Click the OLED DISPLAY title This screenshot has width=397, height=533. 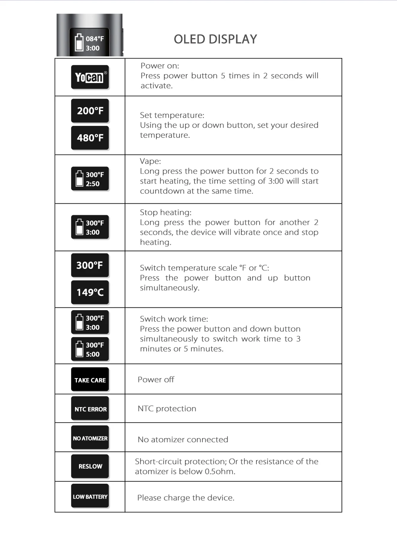[x=215, y=39]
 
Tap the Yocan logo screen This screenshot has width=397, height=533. [x=90, y=77]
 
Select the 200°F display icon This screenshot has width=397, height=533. [x=90, y=111]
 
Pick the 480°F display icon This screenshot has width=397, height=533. [x=90, y=138]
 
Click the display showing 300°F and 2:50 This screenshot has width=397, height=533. [x=90, y=179]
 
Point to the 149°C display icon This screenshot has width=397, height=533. [x=90, y=292]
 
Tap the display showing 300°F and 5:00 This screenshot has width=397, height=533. [x=90, y=350]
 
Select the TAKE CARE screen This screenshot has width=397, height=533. [x=90, y=380]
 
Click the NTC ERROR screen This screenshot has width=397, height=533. [x=90, y=409]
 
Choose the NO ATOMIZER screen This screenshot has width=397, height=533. [x=90, y=438]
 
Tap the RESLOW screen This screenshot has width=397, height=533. [x=90, y=466]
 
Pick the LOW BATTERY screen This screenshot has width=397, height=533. [x=90, y=496]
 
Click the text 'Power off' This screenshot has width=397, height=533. [x=156, y=380]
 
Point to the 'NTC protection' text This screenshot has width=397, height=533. [x=167, y=409]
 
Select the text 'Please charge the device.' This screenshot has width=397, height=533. [x=186, y=498]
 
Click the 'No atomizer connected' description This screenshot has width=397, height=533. [x=183, y=440]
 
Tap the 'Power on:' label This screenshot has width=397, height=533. [x=160, y=66]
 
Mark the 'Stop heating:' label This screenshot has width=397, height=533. [x=166, y=212]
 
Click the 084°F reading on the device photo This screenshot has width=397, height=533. [x=95, y=39]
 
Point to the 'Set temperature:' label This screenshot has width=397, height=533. [x=172, y=115]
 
